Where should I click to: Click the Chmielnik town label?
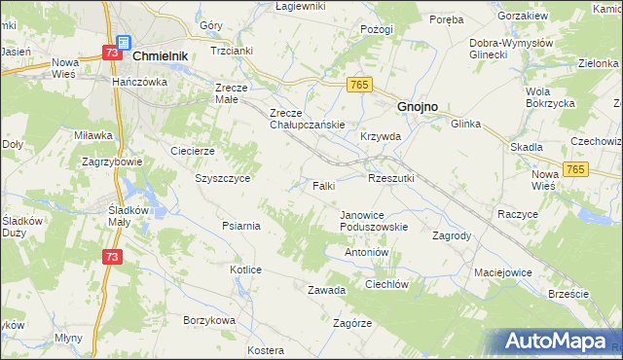159,57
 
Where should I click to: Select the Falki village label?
324,185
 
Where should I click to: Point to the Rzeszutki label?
391,178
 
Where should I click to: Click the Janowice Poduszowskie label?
373,220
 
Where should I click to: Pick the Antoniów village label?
367,252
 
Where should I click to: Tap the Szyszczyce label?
223,179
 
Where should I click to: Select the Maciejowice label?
503,272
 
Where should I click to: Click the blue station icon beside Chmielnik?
123,44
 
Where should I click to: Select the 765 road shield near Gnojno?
358,86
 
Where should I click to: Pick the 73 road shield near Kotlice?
113,256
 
